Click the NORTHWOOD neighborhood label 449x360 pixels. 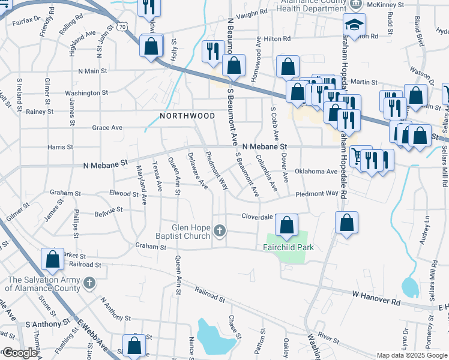pyautogui.click(x=187, y=115)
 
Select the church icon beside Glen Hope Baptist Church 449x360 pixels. pyautogui.click(x=220, y=230)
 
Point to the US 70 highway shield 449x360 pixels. pyautogui.click(x=122, y=27)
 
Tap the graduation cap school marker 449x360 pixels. pyautogui.click(x=354, y=25)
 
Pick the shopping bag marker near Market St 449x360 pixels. pyautogui.click(x=52, y=259)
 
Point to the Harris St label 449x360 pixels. pyautogui.click(x=60, y=146)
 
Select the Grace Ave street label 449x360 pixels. pyautogui.click(x=107, y=128)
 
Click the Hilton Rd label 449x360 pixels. pyautogui.click(x=277, y=38)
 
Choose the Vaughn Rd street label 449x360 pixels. pyautogui.click(x=252, y=13)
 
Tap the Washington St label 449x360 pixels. pyautogui.click(x=86, y=93)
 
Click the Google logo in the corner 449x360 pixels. pyautogui.click(x=20, y=353)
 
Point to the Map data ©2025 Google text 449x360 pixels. pyautogui.click(x=411, y=355)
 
